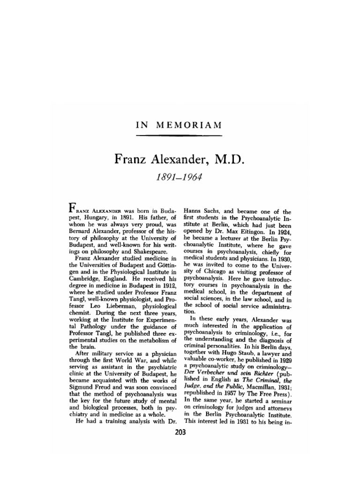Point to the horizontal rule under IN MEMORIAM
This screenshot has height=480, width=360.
(x=179, y=136)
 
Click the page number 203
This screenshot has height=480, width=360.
(x=180, y=433)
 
